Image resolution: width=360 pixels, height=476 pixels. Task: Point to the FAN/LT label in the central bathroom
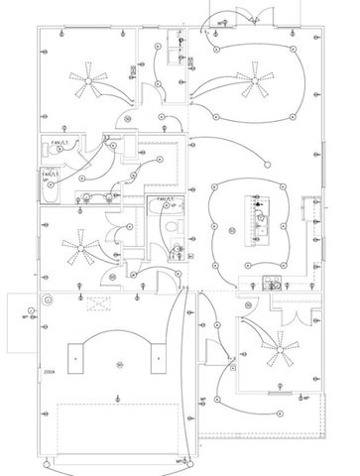(x=164, y=200)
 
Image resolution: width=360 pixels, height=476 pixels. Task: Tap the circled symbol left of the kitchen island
(x=230, y=230)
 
